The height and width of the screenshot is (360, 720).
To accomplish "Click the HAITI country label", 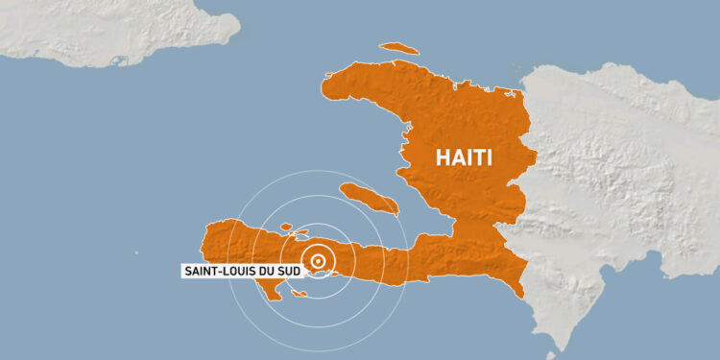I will point(465,157).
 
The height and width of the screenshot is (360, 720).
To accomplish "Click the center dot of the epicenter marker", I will point(319,259).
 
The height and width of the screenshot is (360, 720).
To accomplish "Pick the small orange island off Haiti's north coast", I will point(398,48).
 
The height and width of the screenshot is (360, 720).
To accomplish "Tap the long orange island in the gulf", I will point(369,199).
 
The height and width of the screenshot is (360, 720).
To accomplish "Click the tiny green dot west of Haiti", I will point(136,253).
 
